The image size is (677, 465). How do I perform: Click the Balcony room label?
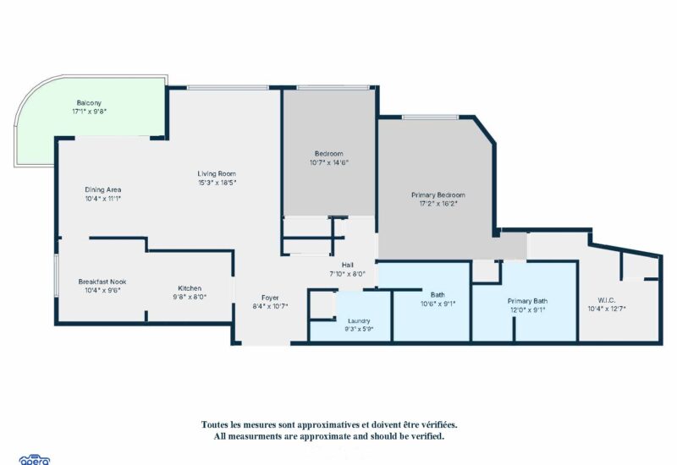coord(89,102)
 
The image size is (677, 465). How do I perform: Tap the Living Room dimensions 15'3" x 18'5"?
coord(217,183)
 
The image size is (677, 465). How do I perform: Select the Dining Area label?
coord(102,189)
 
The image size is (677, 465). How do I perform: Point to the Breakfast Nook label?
coord(102,282)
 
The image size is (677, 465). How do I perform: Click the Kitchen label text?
coord(190,288)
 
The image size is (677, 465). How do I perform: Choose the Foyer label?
coord(270,298)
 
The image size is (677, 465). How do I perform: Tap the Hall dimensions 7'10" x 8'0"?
coord(347,273)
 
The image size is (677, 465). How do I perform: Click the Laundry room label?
coord(359,321)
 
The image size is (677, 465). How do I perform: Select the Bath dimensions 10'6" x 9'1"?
coord(438,304)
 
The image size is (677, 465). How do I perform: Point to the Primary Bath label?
coord(527,301)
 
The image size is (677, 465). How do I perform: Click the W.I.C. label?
coord(607,300)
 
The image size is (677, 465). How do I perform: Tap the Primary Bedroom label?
coord(438,195)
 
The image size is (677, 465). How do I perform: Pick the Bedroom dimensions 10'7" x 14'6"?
coord(329,162)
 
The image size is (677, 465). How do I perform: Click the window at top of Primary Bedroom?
coord(430,117)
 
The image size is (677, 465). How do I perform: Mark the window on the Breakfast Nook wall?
coord(56,276)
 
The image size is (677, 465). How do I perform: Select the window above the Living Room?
coord(228,88)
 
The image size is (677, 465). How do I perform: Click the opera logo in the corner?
coord(35,460)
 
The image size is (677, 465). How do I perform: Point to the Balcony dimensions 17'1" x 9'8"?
coord(90,112)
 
